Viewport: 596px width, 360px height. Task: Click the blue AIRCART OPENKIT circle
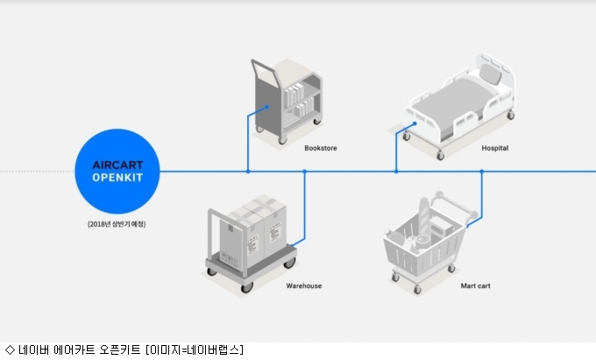(x=117, y=172)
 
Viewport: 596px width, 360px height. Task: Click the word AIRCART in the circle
(x=117, y=166)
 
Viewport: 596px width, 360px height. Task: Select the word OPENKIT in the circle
(x=117, y=178)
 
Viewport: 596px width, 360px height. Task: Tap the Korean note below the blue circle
(x=117, y=224)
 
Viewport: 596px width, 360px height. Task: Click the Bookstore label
(x=321, y=148)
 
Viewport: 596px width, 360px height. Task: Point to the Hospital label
(x=495, y=148)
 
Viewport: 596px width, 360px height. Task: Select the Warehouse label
(x=304, y=286)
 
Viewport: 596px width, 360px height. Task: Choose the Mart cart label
(x=475, y=286)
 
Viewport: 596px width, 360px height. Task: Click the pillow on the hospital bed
(x=490, y=74)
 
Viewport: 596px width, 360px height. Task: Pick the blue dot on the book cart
(x=267, y=107)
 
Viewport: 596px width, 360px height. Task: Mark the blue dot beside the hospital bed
(x=415, y=124)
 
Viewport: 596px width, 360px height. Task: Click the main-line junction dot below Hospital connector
(x=396, y=172)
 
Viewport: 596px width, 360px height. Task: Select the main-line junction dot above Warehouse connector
(x=304, y=172)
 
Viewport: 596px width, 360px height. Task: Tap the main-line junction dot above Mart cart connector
(x=481, y=172)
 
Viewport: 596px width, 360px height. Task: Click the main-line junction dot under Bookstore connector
(x=248, y=172)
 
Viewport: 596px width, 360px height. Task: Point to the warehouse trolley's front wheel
(x=247, y=287)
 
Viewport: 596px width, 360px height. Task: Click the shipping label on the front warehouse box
(x=252, y=244)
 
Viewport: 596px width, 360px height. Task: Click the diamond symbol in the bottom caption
(x=10, y=349)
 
